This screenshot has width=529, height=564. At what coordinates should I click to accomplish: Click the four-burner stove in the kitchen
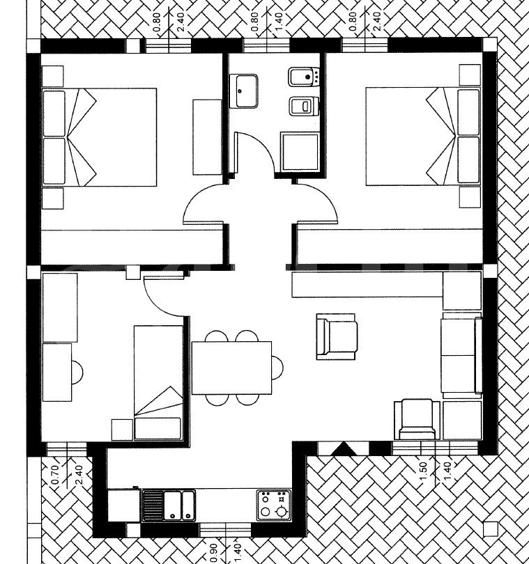click(x=273, y=505)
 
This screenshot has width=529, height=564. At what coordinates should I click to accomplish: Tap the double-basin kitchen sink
click(x=168, y=504)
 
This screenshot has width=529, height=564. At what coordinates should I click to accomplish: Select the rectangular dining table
click(x=231, y=368)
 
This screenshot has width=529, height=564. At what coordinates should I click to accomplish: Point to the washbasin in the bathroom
click(x=246, y=91)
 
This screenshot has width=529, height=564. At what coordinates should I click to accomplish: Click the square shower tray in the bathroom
click(x=300, y=151)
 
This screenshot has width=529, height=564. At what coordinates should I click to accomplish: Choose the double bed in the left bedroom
click(x=99, y=136)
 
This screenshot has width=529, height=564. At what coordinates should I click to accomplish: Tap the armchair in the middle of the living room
click(x=337, y=336)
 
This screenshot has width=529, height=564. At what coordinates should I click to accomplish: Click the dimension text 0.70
click(x=56, y=475)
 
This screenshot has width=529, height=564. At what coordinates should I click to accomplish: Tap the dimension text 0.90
click(x=213, y=551)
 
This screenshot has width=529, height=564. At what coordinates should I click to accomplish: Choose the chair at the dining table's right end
click(x=277, y=366)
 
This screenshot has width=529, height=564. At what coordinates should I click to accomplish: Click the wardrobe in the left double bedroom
click(x=207, y=136)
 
